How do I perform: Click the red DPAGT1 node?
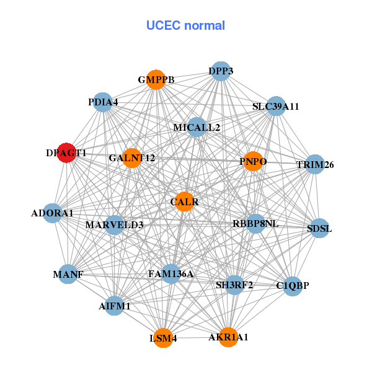click(66, 153)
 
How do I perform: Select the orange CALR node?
click(185, 201)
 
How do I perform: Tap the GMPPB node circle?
click(156, 80)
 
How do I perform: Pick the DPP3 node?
click(221, 71)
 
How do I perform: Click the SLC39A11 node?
click(276, 106)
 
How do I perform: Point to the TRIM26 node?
click(315, 164)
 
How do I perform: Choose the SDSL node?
click(319, 228)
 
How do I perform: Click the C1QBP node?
click(292, 286)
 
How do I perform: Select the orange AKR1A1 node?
click(228, 337)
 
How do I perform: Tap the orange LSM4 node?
click(163, 338)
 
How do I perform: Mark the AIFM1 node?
click(114, 306)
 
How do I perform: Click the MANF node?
click(68, 274)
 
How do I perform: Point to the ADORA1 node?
click(53, 213)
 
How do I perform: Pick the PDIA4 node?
click(103, 101)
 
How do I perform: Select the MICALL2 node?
click(197, 128)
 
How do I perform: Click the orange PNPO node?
click(253, 162)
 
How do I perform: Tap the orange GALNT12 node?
click(131, 158)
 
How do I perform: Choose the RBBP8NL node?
click(255, 223)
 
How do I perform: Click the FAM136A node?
click(171, 273)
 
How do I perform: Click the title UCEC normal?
click(185, 25)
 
